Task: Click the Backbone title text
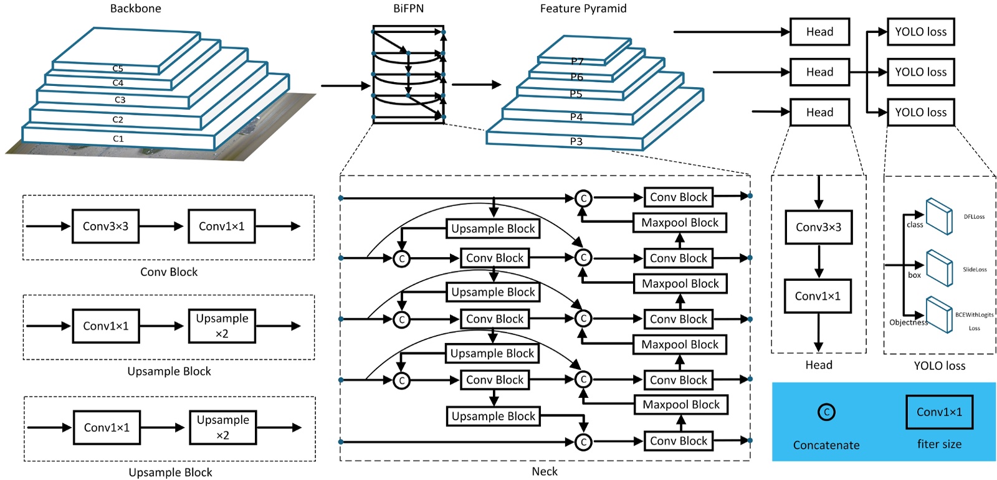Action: pyautogui.click(x=135, y=9)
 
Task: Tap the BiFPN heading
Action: pyautogui.click(x=408, y=9)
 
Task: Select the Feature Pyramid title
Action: pyautogui.click(x=583, y=9)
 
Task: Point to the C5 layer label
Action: pyautogui.click(x=118, y=68)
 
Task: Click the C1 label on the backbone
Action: pyautogui.click(x=118, y=139)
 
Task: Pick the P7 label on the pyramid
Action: pyautogui.click(x=577, y=61)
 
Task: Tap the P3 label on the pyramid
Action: pyautogui.click(x=576, y=141)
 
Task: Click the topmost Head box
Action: pyautogui.click(x=819, y=32)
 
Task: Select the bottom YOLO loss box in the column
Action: pyautogui.click(x=920, y=113)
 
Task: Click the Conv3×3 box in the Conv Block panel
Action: pyautogui.click(x=105, y=226)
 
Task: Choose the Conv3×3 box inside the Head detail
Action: pyautogui.click(x=818, y=227)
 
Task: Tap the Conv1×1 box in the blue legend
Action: pyautogui.click(x=939, y=412)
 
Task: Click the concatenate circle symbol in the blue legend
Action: pyautogui.click(x=826, y=412)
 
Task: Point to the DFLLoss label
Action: pyautogui.click(x=974, y=217)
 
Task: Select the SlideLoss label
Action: pyautogui.click(x=975, y=270)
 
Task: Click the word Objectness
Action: pyautogui.click(x=909, y=322)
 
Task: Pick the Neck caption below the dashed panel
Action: pyautogui.click(x=544, y=471)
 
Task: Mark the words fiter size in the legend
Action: pyautogui.click(x=939, y=444)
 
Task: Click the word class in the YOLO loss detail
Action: pyautogui.click(x=915, y=225)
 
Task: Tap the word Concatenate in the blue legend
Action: pyautogui.click(x=826, y=445)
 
